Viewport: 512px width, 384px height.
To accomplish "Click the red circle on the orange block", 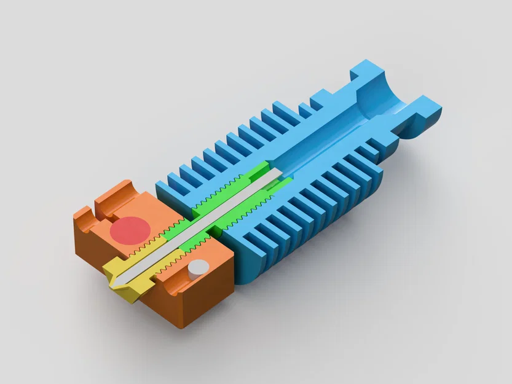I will coord(130,230).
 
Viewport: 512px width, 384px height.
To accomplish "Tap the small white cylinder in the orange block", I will coord(198,268).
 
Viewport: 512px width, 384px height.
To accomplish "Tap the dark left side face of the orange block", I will coord(92,246).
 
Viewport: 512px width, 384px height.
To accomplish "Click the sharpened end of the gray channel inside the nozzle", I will coord(120,279).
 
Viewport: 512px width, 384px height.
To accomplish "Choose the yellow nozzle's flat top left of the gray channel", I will coord(117,267).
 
